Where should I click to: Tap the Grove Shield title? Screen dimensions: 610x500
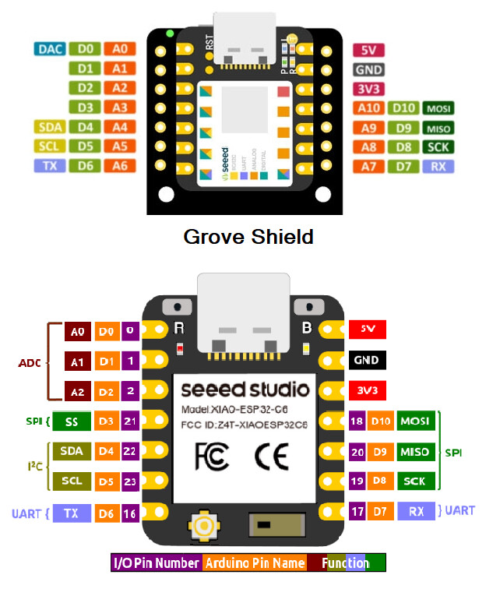click(248, 236)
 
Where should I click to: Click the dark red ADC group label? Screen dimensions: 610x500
click(30, 363)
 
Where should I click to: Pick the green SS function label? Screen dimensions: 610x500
click(71, 421)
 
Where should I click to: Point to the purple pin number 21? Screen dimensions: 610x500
click(130, 421)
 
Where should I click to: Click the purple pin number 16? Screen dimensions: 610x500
click(130, 513)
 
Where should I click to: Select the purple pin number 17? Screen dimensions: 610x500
click(357, 512)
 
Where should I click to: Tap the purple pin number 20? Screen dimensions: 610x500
click(357, 451)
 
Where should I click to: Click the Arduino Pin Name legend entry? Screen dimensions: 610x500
click(255, 563)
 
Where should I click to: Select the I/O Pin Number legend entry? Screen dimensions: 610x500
click(157, 563)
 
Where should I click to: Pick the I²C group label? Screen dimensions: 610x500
click(30, 467)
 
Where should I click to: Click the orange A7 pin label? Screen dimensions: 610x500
click(368, 166)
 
